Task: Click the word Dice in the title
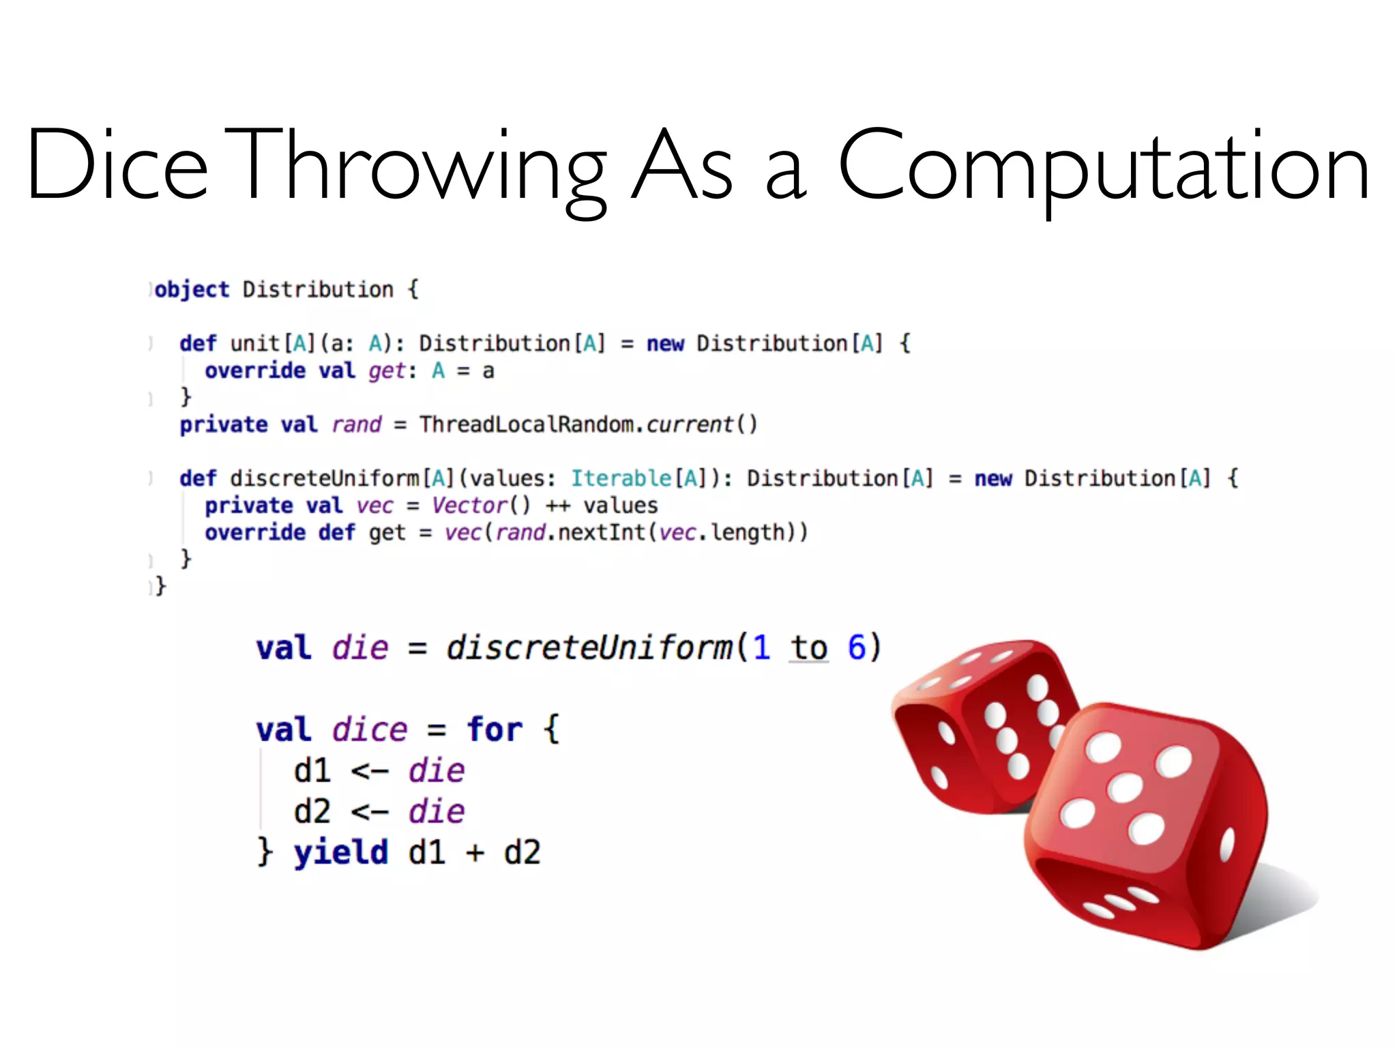(116, 165)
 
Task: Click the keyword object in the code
(192, 290)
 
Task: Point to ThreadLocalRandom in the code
(526, 424)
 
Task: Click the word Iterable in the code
(621, 478)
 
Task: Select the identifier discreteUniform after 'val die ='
(589, 647)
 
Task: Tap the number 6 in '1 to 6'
(856, 647)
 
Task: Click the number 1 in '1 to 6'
(761, 647)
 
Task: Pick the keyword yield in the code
(340, 853)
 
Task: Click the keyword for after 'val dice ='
(495, 729)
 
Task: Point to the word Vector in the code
(470, 506)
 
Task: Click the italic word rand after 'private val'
(356, 424)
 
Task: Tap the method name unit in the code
(255, 343)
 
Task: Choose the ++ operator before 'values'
(557, 506)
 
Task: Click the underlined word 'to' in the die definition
(808, 647)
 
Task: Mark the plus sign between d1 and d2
(475, 853)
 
